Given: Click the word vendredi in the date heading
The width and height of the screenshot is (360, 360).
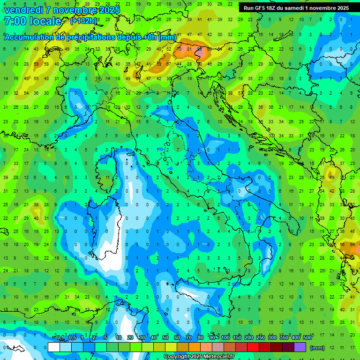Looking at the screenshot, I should (x=23, y=10).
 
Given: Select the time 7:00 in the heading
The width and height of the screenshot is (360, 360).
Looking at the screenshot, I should (x=14, y=22).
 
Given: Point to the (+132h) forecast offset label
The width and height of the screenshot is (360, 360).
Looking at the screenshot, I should (x=83, y=21).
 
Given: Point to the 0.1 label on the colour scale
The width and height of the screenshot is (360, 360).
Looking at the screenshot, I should (x=60, y=338).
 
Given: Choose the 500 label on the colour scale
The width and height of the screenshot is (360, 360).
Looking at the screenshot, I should (x=307, y=338).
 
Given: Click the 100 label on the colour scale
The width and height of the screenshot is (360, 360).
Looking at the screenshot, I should (x=225, y=338).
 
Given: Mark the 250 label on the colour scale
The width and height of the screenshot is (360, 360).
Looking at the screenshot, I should (x=261, y=338).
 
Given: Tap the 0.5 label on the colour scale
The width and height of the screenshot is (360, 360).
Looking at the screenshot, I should (x=72, y=338).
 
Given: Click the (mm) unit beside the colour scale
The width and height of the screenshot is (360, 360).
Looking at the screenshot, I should (x=317, y=347).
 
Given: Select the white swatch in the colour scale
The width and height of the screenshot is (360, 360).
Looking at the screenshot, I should (x=54, y=347).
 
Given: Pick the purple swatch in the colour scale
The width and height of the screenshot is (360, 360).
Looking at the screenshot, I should (x=300, y=347).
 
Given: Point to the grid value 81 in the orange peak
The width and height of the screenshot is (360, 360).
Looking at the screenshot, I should (x=188, y=49).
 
